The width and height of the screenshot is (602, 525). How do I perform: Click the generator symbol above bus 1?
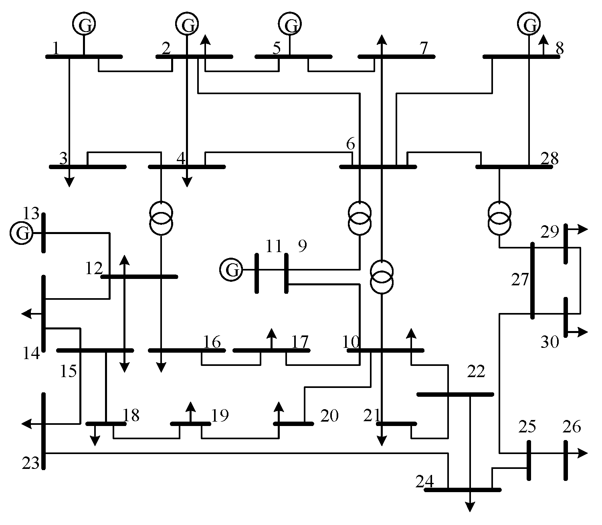click(x=84, y=24)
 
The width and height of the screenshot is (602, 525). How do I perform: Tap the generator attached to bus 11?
click(x=231, y=270)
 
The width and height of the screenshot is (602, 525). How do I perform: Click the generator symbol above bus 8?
click(x=529, y=24)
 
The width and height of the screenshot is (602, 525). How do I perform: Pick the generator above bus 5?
click(x=290, y=24)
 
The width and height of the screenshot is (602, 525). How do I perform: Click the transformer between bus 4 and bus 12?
click(x=161, y=218)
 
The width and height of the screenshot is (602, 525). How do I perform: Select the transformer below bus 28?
click(x=499, y=218)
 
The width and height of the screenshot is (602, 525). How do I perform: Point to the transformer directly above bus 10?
click(x=382, y=277)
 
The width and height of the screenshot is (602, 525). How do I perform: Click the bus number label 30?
click(x=550, y=342)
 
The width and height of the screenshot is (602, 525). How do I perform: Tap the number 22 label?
click(x=476, y=372)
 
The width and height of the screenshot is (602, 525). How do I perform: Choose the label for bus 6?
click(x=351, y=144)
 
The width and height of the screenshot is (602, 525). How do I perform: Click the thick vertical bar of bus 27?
click(x=532, y=281)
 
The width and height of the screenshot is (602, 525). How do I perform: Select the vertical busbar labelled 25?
click(x=529, y=460)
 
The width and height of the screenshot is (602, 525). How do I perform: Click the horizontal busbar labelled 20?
click(x=293, y=424)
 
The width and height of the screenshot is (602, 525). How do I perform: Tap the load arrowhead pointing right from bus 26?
click(x=583, y=453)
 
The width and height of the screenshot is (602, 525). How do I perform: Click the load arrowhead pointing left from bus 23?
click(x=26, y=424)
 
